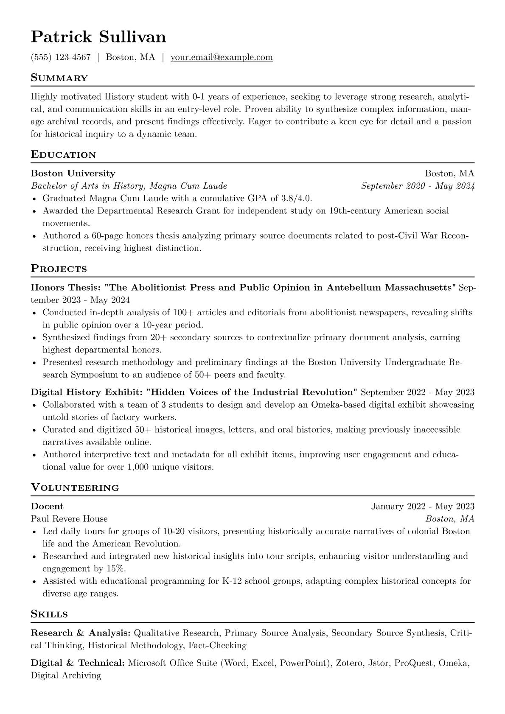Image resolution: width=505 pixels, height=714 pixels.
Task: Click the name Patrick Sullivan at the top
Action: (98, 37)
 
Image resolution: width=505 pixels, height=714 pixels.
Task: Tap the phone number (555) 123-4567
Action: (61, 57)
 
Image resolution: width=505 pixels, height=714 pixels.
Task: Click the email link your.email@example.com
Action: (222, 57)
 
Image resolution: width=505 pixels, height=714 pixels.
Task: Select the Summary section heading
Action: (59, 78)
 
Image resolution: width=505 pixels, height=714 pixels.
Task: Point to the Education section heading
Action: (63, 154)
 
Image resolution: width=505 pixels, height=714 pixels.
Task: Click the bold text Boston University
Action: (73, 174)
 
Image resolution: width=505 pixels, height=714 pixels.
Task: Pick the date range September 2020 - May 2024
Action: (418, 186)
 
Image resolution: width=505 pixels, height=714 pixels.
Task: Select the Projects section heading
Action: (59, 269)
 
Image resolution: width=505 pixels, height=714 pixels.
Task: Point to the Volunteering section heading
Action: (75, 487)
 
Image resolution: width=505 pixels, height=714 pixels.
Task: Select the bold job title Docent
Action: (47, 506)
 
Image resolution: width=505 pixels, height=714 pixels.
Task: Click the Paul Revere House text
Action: (69, 519)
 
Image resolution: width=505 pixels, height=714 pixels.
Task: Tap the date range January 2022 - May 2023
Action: (423, 506)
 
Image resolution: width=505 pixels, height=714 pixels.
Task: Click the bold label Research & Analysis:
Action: (80, 633)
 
